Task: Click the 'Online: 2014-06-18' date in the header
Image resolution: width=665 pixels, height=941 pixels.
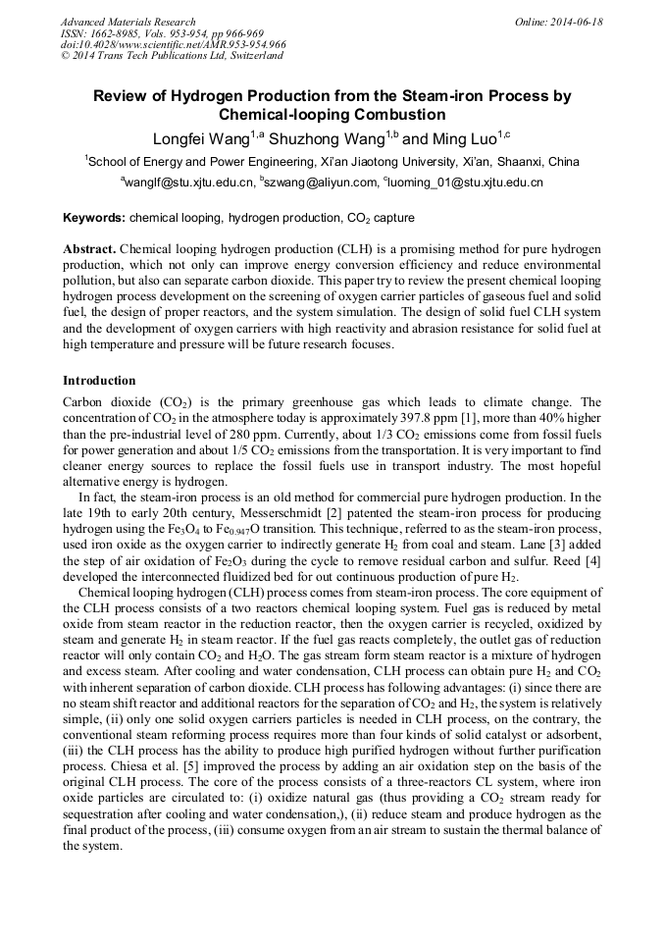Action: [558, 22]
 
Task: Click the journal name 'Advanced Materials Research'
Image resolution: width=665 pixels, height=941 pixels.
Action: [128, 22]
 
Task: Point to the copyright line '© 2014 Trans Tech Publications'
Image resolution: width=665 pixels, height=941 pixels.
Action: [172, 56]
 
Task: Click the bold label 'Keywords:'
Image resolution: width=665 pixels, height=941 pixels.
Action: [94, 217]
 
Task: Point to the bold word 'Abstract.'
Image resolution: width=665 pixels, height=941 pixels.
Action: [90, 250]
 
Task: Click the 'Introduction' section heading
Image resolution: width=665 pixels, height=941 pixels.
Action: [99, 380]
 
